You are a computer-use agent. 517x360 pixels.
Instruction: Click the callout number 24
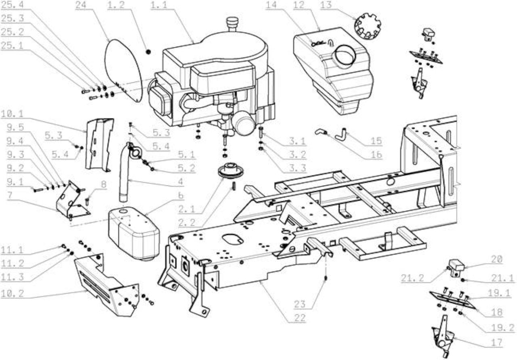(81, 5)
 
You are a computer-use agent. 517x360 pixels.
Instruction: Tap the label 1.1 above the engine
(159, 5)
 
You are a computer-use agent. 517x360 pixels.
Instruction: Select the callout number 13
(326, 5)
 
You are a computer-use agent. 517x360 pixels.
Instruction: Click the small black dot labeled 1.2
(148, 52)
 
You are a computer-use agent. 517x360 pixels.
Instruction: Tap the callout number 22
(300, 318)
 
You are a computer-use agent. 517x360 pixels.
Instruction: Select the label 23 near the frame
(300, 304)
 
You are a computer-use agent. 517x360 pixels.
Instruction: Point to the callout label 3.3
(298, 168)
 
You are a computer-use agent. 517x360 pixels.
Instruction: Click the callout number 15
(376, 141)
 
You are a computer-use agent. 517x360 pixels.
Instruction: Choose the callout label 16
(376, 154)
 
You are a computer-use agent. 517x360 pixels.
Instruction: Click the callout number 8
(104, 184)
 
